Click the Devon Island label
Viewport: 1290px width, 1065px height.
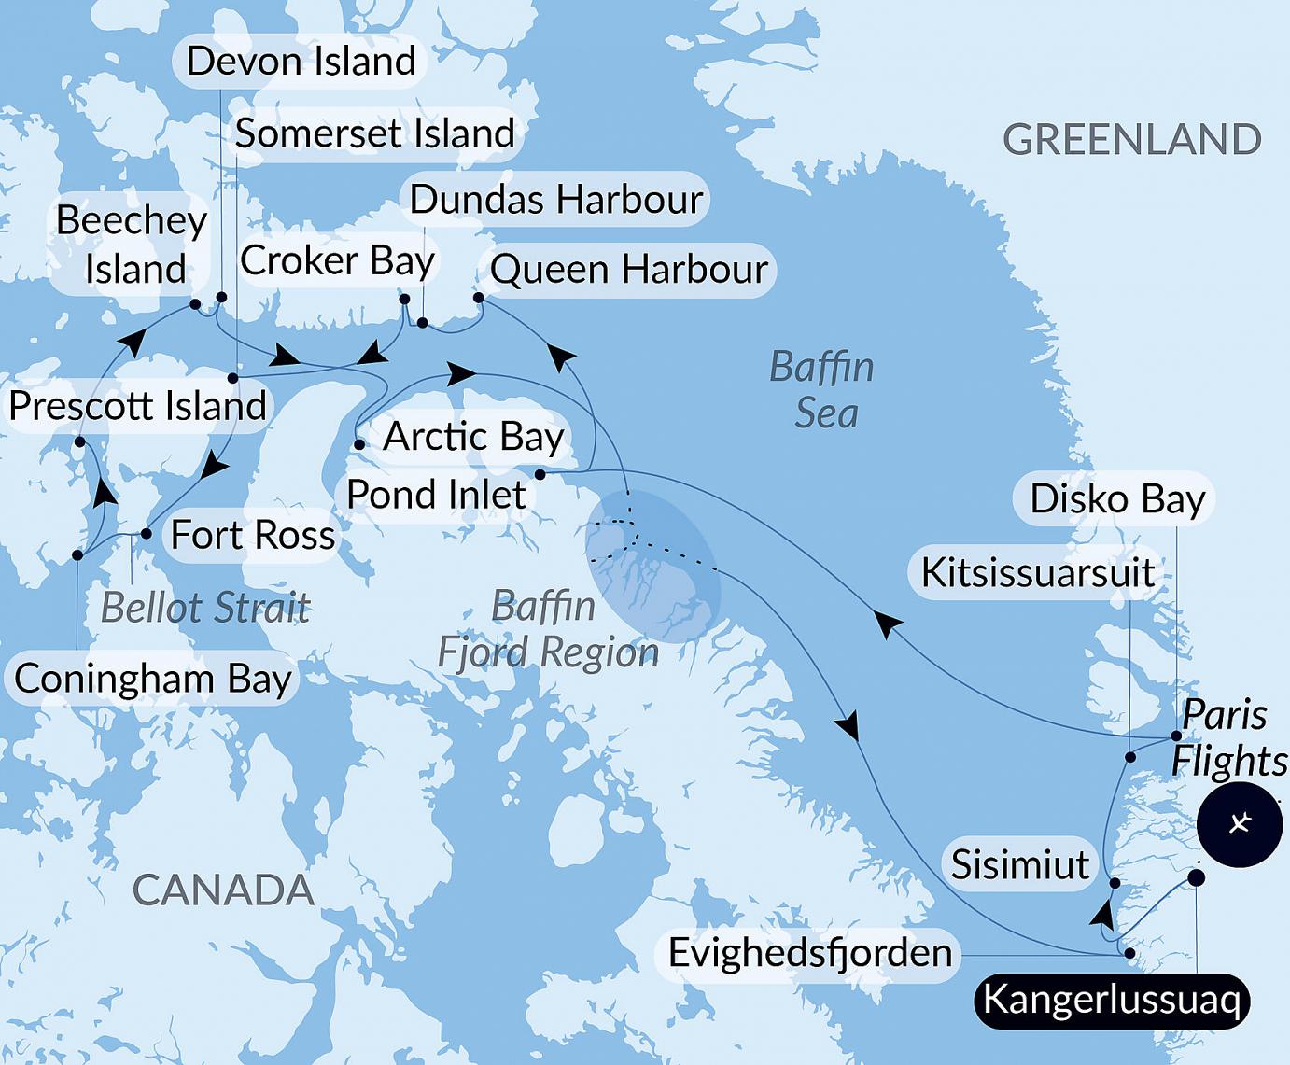coord(301,62)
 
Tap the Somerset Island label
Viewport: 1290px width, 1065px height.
coord(374,133)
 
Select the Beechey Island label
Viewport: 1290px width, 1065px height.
coord(132,245)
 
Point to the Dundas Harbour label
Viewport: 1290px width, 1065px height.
coord(555,199)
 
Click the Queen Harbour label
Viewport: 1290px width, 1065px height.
coord(628,270)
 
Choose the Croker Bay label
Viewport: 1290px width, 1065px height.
coord(337,260)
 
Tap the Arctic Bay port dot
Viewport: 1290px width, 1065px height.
coord(359,445)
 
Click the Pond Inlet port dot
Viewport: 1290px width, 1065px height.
coord(540,475)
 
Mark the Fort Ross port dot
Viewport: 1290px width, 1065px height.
coord(146,535)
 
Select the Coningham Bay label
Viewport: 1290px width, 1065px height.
coord(153,679)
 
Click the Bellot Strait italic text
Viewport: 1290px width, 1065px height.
coord(204,608)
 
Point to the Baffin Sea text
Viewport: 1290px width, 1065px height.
coord(822,390)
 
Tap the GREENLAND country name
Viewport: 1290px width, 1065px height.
coord(1131,140)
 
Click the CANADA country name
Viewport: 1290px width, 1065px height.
coord(223,890)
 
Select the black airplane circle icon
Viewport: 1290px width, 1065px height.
coord(1240,825)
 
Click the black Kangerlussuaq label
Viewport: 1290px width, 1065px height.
coord(1111,1001)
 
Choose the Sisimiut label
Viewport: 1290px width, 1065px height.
coord(1019,865)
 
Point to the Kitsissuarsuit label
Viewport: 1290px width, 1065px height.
coord(1038,572)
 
